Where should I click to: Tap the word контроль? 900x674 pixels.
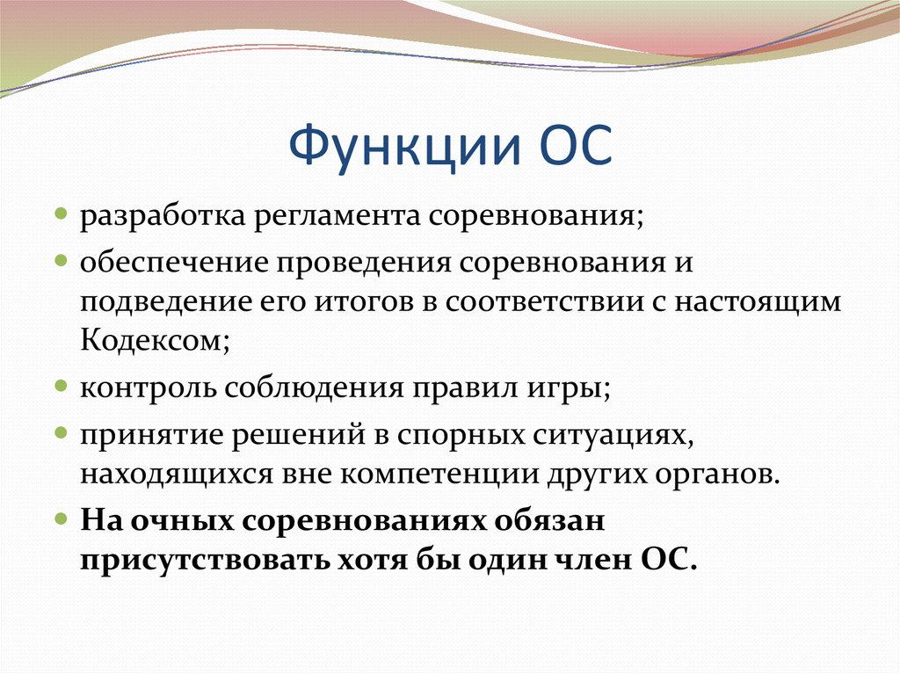(x=145, y=388)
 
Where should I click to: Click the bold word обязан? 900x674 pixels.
(x=546, y=521)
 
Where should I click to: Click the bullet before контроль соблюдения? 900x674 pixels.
(x=61, y=387)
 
